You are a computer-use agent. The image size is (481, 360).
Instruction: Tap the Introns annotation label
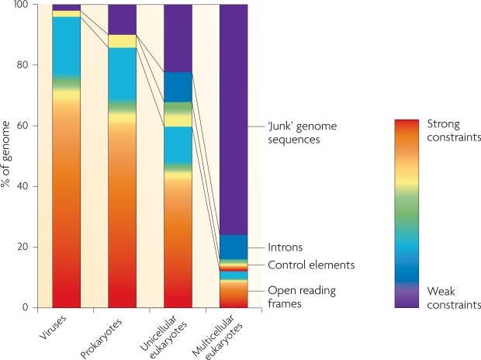point(284,247)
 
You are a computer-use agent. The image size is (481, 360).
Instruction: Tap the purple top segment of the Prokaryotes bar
point(122,19)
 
